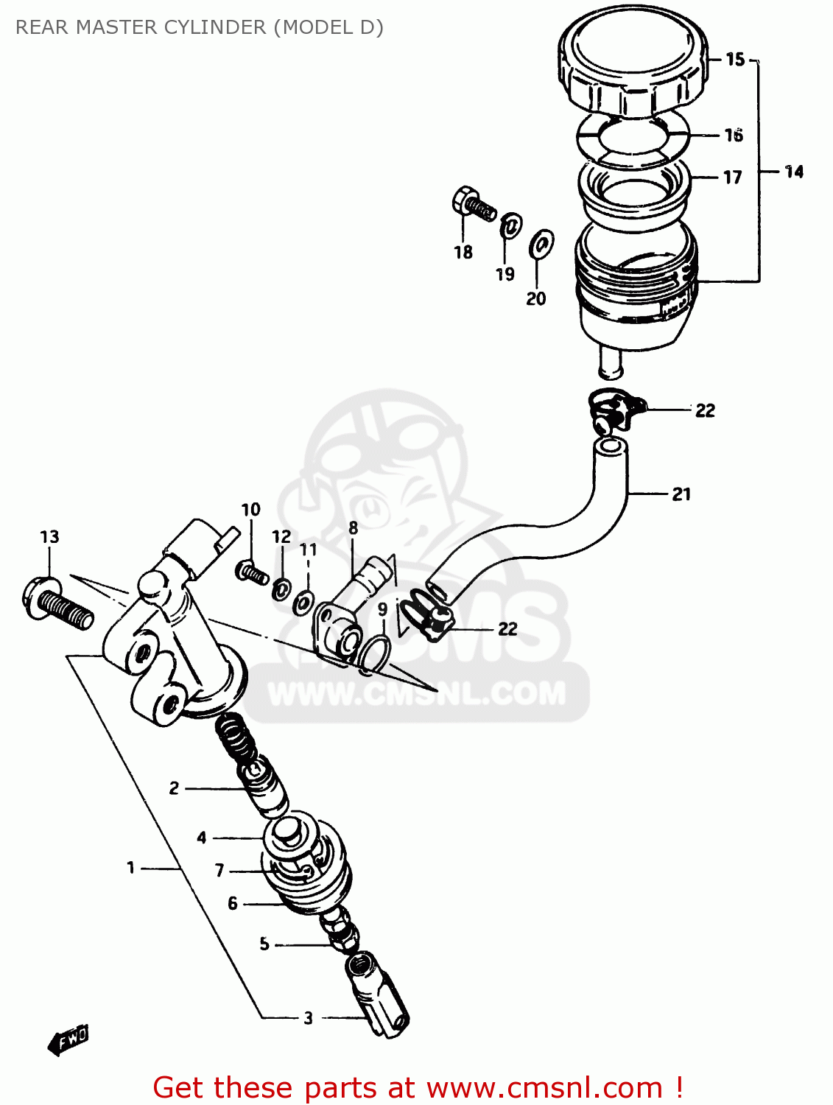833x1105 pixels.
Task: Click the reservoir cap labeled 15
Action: click(633, 62)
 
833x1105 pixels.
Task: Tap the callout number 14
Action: click(793, 172)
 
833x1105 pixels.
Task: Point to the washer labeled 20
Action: click(541, 244)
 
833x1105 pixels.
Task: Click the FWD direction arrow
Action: click(68, 1040)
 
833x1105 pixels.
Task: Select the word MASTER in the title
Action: click(117, 27)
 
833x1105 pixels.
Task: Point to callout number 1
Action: click(131, 868)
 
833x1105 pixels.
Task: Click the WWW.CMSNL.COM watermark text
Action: click(416, 694)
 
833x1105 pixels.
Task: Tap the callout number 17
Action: click(732, 178)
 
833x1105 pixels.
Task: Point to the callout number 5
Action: click(264, 944)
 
